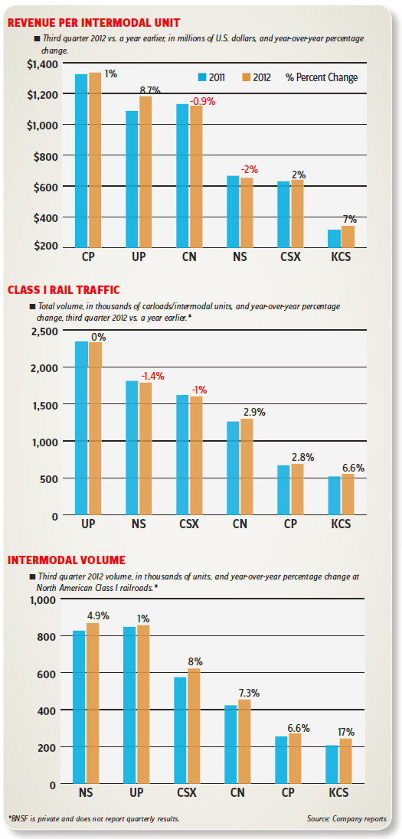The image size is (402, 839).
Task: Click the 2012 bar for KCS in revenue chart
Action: click(x=348, y=237)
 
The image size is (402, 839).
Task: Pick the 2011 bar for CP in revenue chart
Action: click(x=81, y=161)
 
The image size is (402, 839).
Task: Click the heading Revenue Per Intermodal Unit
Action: click(x=93, y=22)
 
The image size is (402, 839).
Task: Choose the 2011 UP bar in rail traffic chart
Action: click(x=81, y=429)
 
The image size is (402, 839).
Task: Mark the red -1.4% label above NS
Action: click(x=152, y=377)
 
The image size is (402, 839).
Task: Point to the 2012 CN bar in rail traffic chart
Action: click(x=247, y=467)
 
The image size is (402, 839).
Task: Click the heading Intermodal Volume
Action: click(x=67, y=560)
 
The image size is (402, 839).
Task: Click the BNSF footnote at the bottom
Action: click(x=94, y=819)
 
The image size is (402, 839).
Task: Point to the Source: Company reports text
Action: click(x=347, y=819)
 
